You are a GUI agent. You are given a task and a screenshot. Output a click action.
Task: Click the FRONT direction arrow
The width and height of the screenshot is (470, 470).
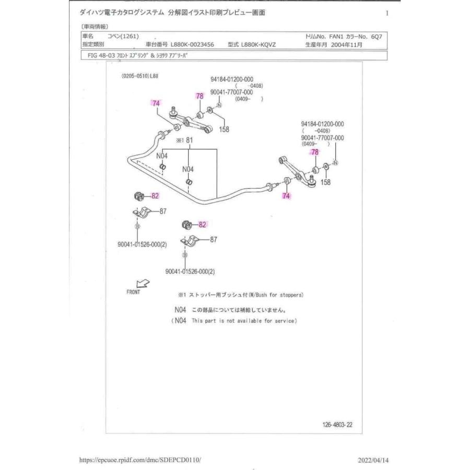143,284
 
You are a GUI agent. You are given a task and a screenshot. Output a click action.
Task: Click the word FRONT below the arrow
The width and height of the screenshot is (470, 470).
133,292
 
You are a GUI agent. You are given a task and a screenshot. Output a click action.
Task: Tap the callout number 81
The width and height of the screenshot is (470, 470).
190,140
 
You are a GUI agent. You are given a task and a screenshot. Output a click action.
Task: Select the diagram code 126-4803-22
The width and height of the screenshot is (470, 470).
337,425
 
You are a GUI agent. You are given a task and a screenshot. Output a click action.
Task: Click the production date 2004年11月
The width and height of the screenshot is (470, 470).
347,45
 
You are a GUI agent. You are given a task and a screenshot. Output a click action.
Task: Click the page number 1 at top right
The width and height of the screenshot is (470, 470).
387,13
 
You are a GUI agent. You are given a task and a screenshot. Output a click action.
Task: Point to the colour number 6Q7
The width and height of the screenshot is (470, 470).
377,37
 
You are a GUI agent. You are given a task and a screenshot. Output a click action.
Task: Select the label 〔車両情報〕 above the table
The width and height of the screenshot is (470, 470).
95,26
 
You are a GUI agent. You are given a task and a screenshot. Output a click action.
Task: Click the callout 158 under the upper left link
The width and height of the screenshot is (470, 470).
224,129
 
